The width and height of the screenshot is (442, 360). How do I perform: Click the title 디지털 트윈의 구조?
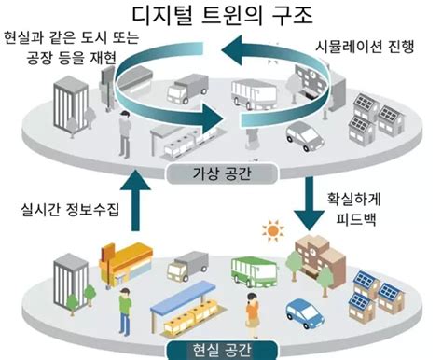[220, 16]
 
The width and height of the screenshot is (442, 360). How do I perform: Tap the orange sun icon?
[273, 229]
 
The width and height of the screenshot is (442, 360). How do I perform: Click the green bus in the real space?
[255, 272]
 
